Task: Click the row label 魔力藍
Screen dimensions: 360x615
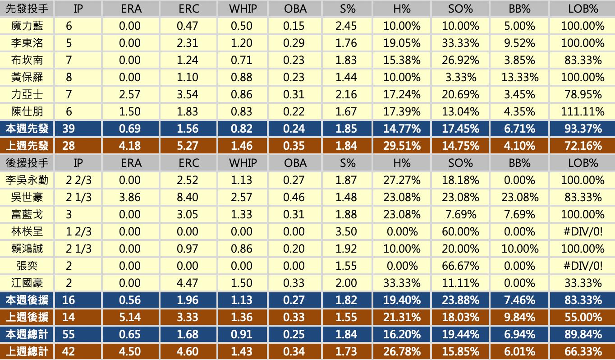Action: pyautogui.click(x=27, y=26)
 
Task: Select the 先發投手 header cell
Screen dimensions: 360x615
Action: pyautogui.click(x=27, y=9)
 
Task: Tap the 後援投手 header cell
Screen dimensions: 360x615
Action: pyautogui.click(x=27, y=163)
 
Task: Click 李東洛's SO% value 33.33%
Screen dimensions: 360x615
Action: pyautogui.click(x=460, y=43)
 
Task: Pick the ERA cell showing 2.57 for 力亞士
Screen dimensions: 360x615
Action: pyautogui.click(x=130, y=95)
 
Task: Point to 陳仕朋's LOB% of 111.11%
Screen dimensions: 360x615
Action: pyautogui.click(x=583, y=112)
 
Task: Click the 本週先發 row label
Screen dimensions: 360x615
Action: pyautogui.click(x=27, y=129)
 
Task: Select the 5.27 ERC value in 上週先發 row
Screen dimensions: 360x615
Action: pyautogui.click(x=188, y=146)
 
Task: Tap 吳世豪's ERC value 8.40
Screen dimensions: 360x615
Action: pyautogui.click(x=188, y=197)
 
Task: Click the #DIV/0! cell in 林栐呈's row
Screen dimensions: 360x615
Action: pyautogui.click(x=583, y=231)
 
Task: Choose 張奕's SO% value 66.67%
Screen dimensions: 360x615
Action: pyautogui.click(x=460, y=266)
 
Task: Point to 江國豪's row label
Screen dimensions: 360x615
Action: pyautogui.click(x=27, y=283)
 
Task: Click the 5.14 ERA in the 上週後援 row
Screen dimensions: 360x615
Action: pyautogui.click(x=130, y=317)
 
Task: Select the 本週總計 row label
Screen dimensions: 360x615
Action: pyautogui.click(x=27, y=334)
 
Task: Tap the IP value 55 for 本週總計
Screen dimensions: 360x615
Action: pyautogui.click(x=69, y=334)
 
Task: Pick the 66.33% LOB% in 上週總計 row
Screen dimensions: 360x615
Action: pyautogui.click(x=583, y=351)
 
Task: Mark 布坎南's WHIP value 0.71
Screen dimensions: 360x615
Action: pyautogui.click(x=242, y=60)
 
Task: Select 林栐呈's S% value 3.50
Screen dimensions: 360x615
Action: pyautogui.click(x=346, y=231)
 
